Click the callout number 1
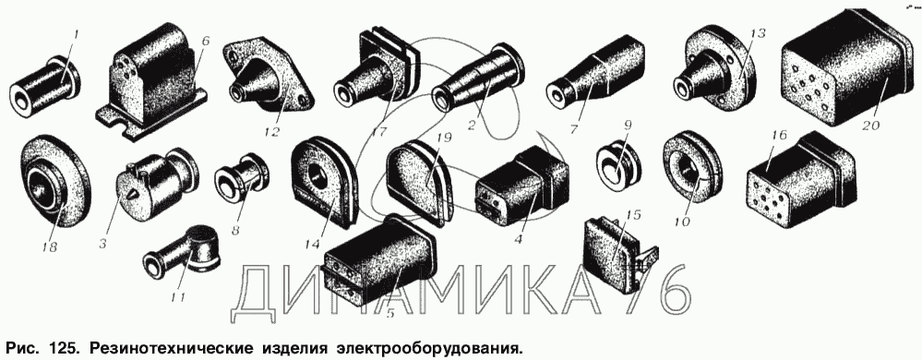(x=76, y=35)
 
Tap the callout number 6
(x=205, y=42)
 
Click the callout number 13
(x=758, y=33)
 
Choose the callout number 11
(x=178, y=296)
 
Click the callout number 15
(x=631, y=215)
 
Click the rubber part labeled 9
(x=618, y=162)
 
